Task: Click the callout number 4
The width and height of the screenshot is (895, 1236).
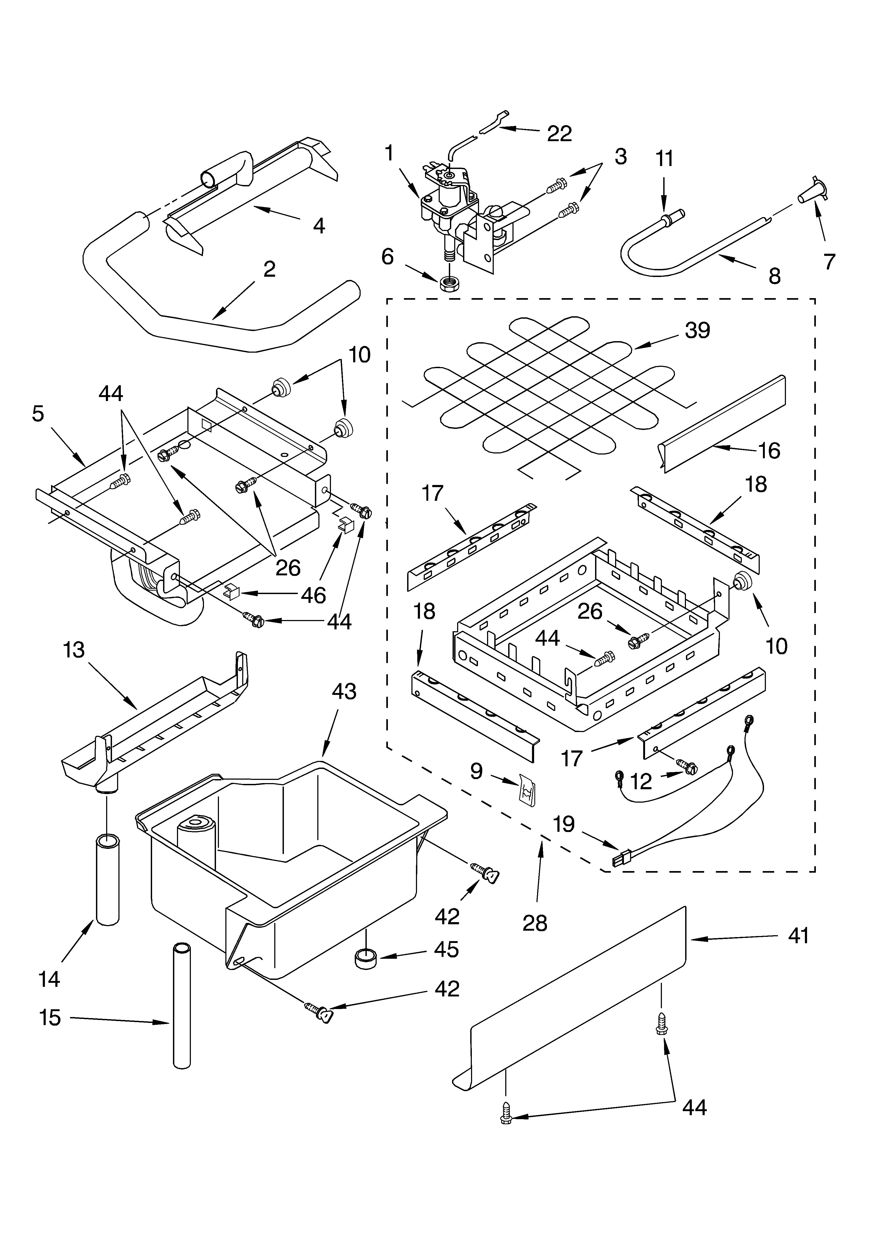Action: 319,225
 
